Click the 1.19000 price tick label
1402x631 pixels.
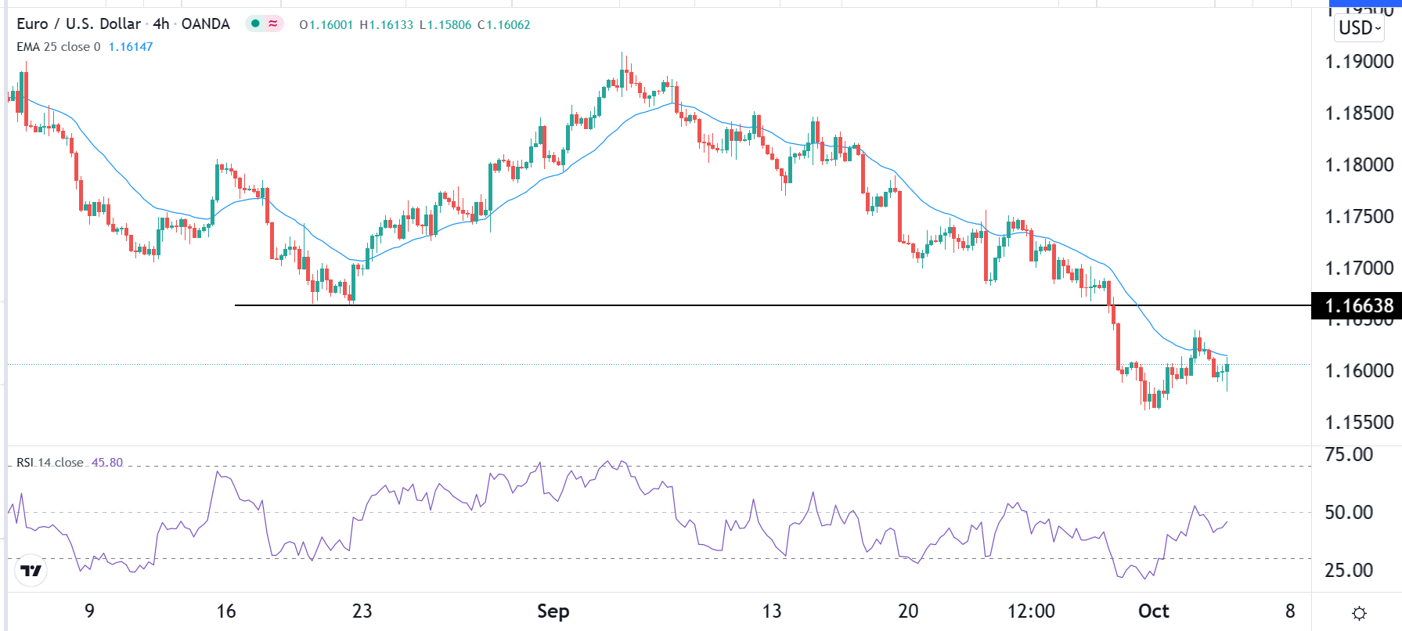click(x=1359, y=62)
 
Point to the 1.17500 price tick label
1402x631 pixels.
click(x=1359, y=217)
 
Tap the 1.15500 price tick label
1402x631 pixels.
click(x=1359, y=423)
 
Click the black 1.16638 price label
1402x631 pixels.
click(x=1359, y=305)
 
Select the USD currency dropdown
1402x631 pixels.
click(x=1359, y=28)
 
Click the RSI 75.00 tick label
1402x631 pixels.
click(x=1349, y=455)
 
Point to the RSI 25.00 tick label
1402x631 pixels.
click(x=1349, y=571)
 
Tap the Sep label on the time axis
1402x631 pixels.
click(x=553, y=611)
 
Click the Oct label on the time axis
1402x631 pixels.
click(x=1153, y=611)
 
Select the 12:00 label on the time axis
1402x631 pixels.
click(x=1031, y=611)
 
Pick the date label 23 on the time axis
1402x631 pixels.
click(x=362, y=611)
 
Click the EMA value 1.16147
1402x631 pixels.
click(x=131, y=47)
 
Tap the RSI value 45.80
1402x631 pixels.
click(x=107, y=463)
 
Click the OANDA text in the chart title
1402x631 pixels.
click(x=205, y=24)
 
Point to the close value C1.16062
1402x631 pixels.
click(x=503, y=25)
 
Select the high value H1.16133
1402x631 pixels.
click(x=386, y=25)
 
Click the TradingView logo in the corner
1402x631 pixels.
click(x=31, y=571)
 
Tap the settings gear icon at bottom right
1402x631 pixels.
click(x=1359, y=613)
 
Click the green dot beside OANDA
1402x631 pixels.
click(x=255, y=24)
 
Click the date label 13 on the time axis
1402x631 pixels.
click(x=772, y=611)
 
